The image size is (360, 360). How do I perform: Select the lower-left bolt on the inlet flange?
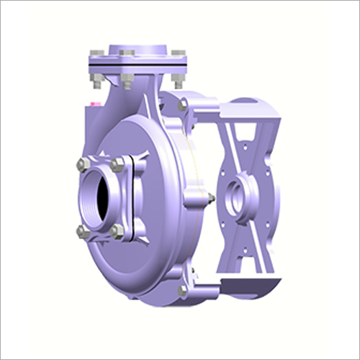[82, 232]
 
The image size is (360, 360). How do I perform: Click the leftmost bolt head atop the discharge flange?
[94, 53]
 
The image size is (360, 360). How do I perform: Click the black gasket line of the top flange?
[137, 68]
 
